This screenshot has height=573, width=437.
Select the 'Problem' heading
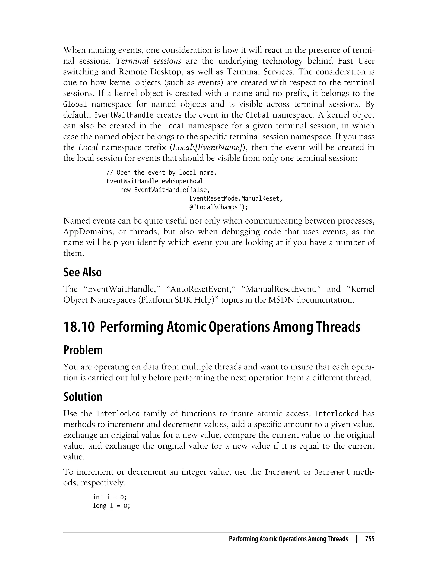coord(83,350)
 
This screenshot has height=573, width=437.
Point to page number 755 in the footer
coord(370,539)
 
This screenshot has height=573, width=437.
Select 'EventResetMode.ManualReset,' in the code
coord(236,199)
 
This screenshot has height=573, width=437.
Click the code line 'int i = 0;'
coord(109,497)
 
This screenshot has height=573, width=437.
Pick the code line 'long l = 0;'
coord(111,506)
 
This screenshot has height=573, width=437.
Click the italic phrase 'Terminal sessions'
coord(149,61)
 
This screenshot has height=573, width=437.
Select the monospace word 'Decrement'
coord(332,472)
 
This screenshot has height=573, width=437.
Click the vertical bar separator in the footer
coord(357,539)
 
